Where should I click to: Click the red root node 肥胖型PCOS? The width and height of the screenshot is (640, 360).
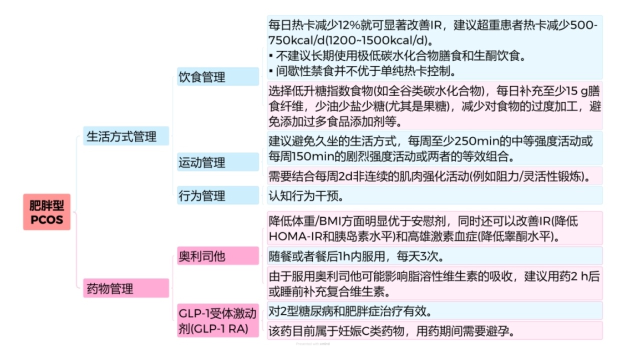47,211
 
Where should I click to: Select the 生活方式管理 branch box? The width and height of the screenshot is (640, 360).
126,136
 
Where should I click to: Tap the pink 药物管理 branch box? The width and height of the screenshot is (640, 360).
126,288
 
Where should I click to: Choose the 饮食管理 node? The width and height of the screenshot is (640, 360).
218,76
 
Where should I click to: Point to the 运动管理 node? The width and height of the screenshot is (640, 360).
218,162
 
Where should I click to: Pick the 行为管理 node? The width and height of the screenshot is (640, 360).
218,195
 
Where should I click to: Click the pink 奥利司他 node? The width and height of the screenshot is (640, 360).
218,255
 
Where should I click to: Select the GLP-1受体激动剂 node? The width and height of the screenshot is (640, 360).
218,320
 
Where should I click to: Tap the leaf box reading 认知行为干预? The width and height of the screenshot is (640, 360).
435,195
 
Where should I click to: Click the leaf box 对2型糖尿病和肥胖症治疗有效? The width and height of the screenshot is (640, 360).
435,310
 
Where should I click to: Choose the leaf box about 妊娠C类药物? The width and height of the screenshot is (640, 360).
435,330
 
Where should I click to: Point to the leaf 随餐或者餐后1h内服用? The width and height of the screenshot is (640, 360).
435,255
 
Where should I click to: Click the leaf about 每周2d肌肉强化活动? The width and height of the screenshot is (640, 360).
435,175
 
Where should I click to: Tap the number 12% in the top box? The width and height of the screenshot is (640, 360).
349,25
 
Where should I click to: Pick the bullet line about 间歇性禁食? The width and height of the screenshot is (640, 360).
362,71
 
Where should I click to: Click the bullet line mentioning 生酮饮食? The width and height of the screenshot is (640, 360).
397,55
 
